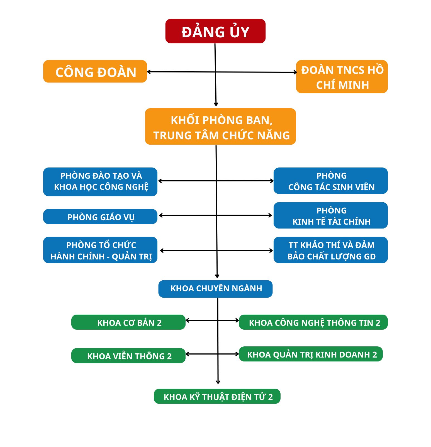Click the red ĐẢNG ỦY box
point(215,31)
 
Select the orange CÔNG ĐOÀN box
point(95,71)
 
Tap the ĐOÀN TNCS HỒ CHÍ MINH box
point(342,77)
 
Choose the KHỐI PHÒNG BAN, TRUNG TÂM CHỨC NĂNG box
point(220,127)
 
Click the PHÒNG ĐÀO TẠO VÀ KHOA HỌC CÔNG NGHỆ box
point(100,182)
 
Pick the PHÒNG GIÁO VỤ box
point(100,217)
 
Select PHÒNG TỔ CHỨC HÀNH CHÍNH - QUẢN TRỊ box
point(100,250)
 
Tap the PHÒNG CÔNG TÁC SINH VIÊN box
point(331,181)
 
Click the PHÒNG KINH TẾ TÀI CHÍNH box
point(331,215)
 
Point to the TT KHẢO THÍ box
point(331,250)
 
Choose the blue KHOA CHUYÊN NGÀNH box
point(215,289)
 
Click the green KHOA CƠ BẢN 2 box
point(128,322)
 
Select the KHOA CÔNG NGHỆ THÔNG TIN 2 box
point(313,322)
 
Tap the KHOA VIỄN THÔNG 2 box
point(128,356)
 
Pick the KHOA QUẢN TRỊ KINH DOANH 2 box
point(311,354)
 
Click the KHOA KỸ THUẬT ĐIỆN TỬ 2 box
point(217,396)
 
